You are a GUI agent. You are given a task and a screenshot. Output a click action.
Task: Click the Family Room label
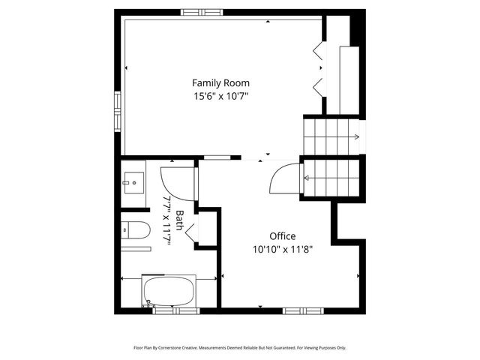pyautogui.click(x=220, y=82)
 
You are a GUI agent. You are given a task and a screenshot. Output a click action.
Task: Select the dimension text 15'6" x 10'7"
pyautogui.click(x=220, y=96)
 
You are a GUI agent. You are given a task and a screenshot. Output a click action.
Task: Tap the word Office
pyautogui.click(x=282, y=236)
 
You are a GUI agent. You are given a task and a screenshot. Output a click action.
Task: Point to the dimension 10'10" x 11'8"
pyautogui.click(x=282, y=250)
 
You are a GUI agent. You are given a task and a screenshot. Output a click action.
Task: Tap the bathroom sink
pyautogui.click(x=133, y=181)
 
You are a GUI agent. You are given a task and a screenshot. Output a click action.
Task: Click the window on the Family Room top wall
pyautogui.click(x=201, y=12)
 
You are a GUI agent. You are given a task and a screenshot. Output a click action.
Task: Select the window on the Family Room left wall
pyautogui.click(x=118, y=111)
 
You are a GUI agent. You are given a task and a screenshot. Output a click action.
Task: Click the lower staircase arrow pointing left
pyautogui.click(x=307, y=178)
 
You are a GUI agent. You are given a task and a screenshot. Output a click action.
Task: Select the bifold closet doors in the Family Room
pyautogui.click(x=319, y=67)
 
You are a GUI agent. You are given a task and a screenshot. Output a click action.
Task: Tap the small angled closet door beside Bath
pyautogui.click(x=191, y=233)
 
